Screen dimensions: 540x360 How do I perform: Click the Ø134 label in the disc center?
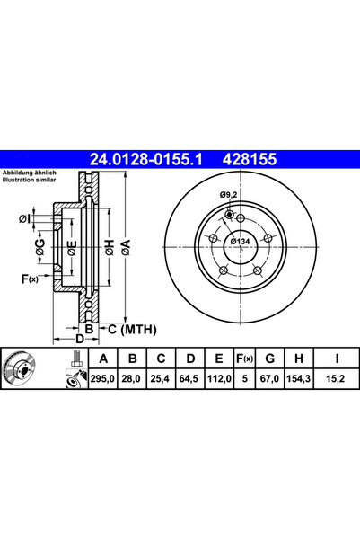click(241, 242)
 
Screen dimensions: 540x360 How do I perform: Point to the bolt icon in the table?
click(71, 369)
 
